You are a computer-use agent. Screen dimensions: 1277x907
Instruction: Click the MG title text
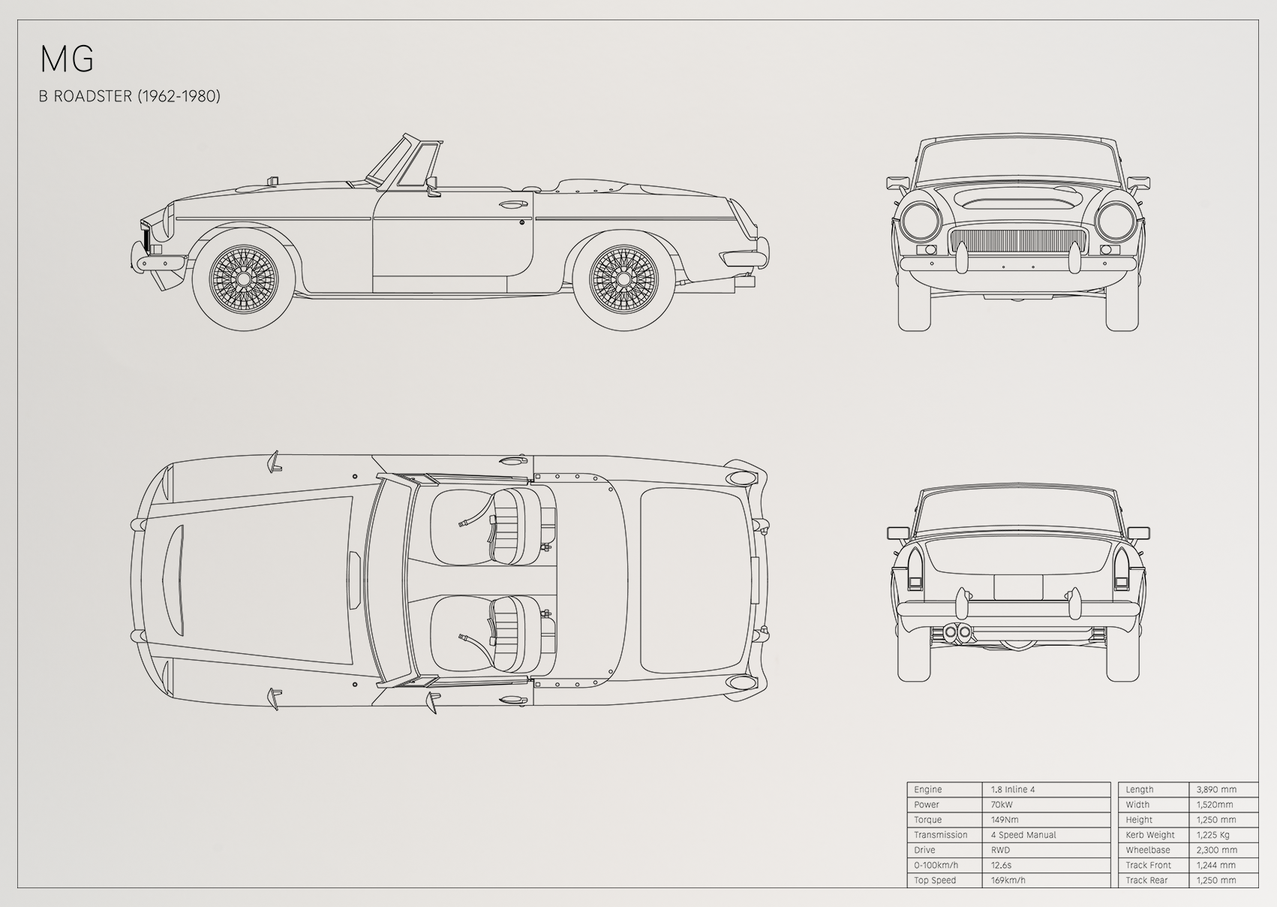(x=67, y=59)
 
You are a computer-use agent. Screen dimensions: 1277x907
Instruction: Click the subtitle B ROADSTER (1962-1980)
(x=129, y=96)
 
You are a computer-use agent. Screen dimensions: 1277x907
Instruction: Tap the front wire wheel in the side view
(x=243, y=279)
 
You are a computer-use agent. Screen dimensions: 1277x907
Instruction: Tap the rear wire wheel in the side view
(x=623, y=279)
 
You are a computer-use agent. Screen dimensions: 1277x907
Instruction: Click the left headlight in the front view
(x=921, y=221)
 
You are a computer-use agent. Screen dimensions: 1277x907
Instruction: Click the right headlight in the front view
(x=1116, y=221)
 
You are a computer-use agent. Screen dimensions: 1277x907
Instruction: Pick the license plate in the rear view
(x=1018, y=587)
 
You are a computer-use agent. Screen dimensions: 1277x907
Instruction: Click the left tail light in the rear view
(x=915, y=568)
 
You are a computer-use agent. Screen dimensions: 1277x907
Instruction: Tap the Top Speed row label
(x=935, y=880)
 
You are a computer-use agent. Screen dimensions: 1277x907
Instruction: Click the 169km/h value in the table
(x=1008, y=880)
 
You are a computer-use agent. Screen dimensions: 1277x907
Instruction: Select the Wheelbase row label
(x=1148, y=850)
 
